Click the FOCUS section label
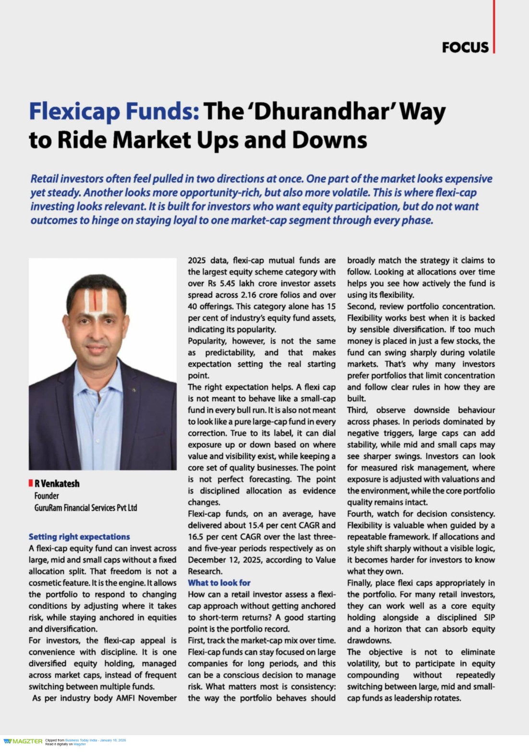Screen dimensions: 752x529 pos(465,47)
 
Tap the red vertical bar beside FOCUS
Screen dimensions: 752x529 pos(493,29)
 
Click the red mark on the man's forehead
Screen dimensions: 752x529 pos(96,301)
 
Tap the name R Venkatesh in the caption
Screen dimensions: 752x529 pos(57,484)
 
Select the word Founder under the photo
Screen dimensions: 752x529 pos(47,496)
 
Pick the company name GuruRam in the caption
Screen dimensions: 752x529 pos(50,508)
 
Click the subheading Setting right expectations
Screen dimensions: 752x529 pos(79,536)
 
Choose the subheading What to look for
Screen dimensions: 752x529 pos(219,582)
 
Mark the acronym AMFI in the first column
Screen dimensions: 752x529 pos(127,698)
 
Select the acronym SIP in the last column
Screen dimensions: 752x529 pos(488,618)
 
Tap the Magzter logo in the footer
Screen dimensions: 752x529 pos(23,741)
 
